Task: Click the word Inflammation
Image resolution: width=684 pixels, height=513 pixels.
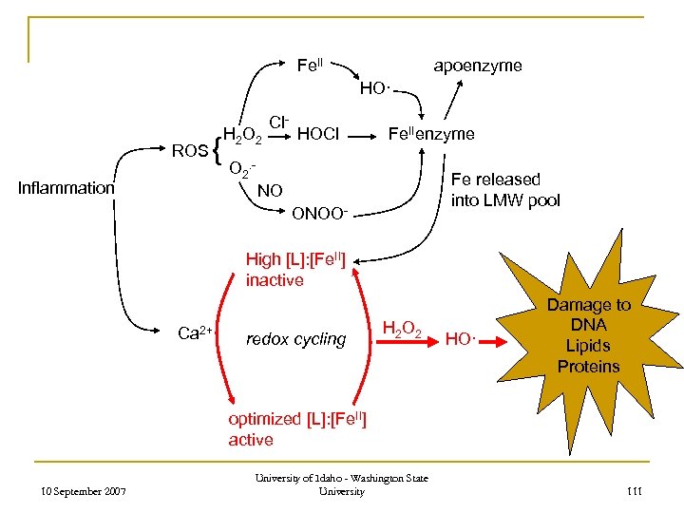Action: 66,188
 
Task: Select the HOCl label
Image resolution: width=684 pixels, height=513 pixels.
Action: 318,135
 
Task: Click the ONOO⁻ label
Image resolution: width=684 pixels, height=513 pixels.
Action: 320,212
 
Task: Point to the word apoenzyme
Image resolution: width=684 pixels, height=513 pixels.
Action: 477,66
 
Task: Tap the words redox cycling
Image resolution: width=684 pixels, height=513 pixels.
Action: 295,339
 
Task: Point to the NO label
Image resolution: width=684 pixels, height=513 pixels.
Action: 270,191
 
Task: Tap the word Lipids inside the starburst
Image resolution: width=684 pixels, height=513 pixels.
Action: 588,346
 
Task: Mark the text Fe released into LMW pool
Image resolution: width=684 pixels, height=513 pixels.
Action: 505,189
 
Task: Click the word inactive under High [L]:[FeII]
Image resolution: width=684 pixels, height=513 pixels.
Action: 275,280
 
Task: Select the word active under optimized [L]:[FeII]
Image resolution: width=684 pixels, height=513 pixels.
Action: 251,440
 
